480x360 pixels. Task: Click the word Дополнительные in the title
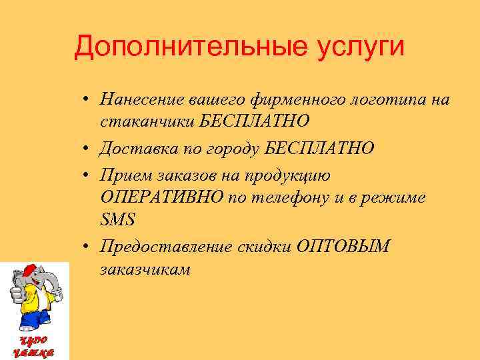(179, 47)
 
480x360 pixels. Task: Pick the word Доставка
(133, 147)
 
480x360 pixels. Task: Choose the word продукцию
(294, 175)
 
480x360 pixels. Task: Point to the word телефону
(298, 198)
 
